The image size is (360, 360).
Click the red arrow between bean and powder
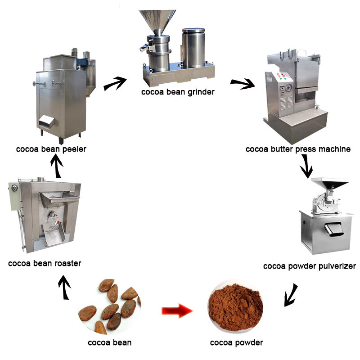(177, 310)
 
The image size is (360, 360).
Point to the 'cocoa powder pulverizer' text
(310, 266)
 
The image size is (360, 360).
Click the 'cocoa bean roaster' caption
(45, 263)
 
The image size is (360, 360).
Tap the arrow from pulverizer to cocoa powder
(291, 295)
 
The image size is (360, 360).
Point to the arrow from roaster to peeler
(57, 166)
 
